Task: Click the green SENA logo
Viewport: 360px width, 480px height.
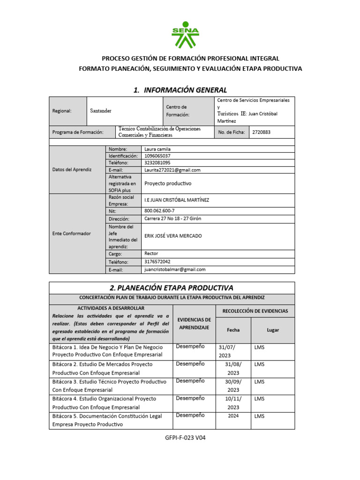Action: (185, 35)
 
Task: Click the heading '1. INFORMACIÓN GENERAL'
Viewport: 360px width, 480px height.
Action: (180, 90)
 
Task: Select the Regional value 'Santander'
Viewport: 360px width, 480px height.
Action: (101, 111)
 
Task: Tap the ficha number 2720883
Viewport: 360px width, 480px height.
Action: (261, 132)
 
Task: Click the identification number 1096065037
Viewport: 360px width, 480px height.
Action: (157, 156)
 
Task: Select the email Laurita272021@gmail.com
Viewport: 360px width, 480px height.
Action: (172, 170)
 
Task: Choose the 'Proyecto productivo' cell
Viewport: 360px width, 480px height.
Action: (168, 183)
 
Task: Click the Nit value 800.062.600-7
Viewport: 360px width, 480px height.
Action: (160, 211)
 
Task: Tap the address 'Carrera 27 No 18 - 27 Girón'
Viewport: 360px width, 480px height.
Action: (173, 218)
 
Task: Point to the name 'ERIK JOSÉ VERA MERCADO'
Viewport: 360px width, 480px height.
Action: (173, 236)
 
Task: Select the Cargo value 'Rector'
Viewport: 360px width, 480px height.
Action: (151, 254)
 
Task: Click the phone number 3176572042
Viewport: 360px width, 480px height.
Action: (157, 262)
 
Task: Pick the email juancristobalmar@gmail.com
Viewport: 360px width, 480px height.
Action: (175, 270)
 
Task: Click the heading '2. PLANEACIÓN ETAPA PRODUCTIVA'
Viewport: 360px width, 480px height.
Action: (172, 287)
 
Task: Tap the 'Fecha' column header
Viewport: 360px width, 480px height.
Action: (233, 330)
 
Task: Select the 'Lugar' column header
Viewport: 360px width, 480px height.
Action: (273, 330)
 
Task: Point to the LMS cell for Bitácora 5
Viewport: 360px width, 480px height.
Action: (259, 416)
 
